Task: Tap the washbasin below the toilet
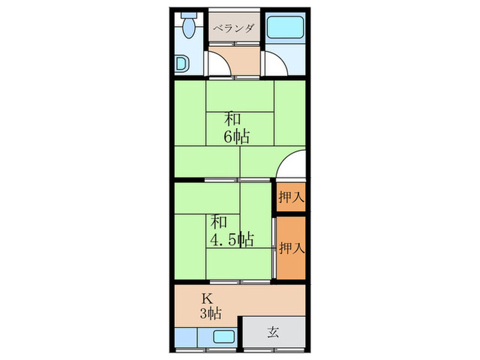180,64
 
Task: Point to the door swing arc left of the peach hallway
219,65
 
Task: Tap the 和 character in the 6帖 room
230,118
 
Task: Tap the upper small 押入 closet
291,197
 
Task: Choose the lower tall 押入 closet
291,248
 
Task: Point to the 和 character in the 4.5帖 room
219,221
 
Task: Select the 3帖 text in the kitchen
211,314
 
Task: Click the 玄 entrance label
272,333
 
